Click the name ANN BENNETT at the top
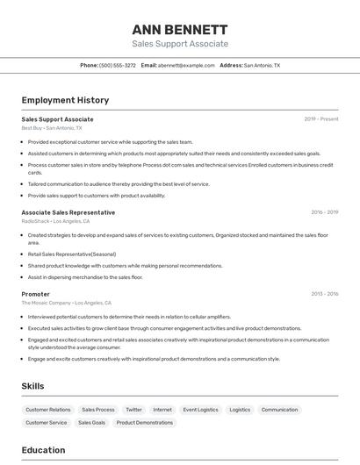click(x=180, y=29)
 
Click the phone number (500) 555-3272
click(x=118, y=66)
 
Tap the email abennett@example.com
click(x=186, y=66)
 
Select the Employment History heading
click(x=65, y=101)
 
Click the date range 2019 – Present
click(x=320, y=119)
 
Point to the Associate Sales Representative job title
click(x=68, y=212)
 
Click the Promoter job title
click(x=35, y=294)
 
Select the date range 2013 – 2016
click(x=324, y=294)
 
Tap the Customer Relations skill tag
click(x=47, y=410)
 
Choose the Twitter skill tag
click(x=133, y=410)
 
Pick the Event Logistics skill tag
click(x=200, y=410)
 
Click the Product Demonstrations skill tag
click(x=144, y=423)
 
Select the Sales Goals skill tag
click(x=91, y=423)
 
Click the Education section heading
click(x=43, y=450)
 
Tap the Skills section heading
click(x=32, y=386)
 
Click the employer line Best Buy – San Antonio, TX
click(x=52, y=128)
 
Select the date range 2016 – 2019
click(x=324, y=212)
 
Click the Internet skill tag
click(x=162, y=410)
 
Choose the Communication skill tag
click(x=279, y=410)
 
